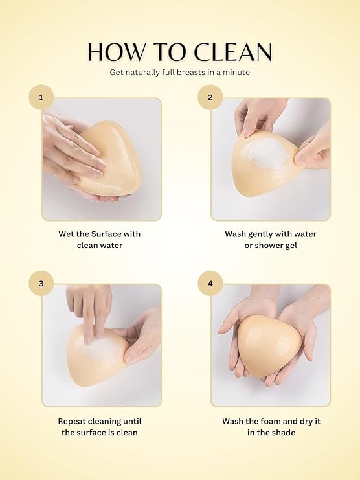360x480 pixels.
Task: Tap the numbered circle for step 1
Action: (41, 98)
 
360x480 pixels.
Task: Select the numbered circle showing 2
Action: (210, 98)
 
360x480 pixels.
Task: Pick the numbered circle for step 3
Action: (41, 284)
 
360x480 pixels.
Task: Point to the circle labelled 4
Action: (210, 284)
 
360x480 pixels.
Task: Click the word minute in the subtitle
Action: (235, 73)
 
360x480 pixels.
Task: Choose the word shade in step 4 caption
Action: (284, 433)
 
